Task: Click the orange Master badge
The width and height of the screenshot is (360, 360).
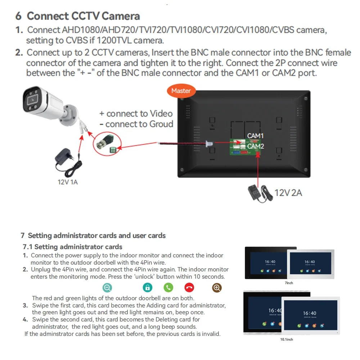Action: [181, 91]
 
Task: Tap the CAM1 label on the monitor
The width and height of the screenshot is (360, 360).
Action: [255, 136]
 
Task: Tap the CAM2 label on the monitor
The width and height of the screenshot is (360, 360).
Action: [256, 146]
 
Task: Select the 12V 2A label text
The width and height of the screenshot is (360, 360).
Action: [288, 193]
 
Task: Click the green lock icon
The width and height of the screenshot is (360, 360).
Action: [148, 287]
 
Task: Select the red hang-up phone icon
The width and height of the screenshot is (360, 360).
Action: [189, 287]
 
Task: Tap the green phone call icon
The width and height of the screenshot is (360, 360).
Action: [168, 287]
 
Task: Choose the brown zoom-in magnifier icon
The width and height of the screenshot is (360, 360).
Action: [217, 287]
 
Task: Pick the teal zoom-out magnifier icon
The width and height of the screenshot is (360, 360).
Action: [107, 287]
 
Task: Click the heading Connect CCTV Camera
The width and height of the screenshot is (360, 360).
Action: [83, 16]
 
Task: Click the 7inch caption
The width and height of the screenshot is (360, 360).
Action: [289, 283]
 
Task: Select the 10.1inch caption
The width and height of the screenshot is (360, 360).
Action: [287, 339]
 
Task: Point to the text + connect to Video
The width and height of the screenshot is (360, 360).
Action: [136, 114]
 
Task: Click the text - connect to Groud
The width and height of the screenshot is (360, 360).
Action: [136, 124]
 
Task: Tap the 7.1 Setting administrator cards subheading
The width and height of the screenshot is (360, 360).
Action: [72, 247]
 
